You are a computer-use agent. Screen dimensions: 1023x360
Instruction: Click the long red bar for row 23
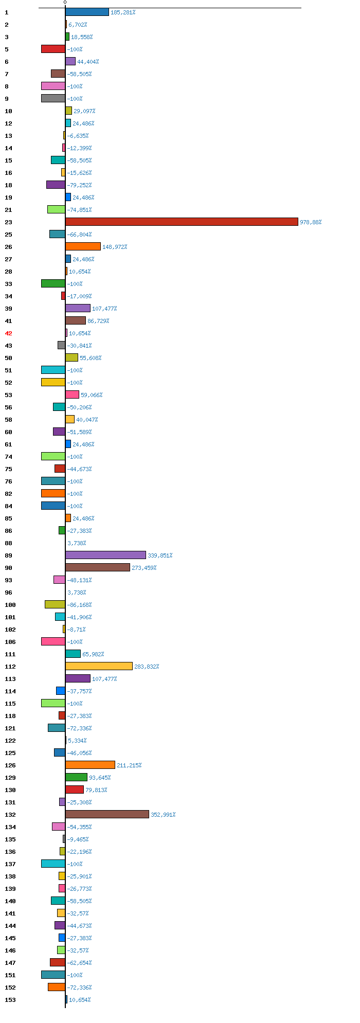(182, 222)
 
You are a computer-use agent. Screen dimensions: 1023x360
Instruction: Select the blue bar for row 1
(87, 12)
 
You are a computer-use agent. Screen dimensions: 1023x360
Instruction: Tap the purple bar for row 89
(105, 555)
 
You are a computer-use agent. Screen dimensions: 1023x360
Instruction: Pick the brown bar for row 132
(107, 814)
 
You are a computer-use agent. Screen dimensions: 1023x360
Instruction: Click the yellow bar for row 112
(99, 666)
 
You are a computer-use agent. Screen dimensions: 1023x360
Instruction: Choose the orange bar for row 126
(90, 765)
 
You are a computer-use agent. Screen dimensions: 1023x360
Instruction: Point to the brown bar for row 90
(98, 567)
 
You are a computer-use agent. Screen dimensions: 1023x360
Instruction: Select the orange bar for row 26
(83, 246)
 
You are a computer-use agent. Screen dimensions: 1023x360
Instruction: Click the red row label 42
(8, 333)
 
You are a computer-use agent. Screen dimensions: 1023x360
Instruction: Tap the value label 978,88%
(311, 222)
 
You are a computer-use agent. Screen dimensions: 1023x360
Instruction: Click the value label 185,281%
(123, 12)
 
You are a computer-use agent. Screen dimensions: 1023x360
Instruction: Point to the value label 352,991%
(163, 815)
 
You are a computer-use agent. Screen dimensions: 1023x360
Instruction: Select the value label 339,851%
(160, 555)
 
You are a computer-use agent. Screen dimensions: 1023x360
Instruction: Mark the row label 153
(10, 1000)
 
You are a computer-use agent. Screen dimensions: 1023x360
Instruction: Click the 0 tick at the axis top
(65, 3)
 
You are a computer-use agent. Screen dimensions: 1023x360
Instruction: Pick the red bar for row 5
(53, 49)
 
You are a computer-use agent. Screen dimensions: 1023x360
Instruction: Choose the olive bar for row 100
(55, 604)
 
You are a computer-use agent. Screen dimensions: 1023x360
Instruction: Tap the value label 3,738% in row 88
(77, 543)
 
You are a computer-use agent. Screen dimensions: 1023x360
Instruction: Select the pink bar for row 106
(53, 641)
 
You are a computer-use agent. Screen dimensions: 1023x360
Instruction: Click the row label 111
(10, 654)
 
